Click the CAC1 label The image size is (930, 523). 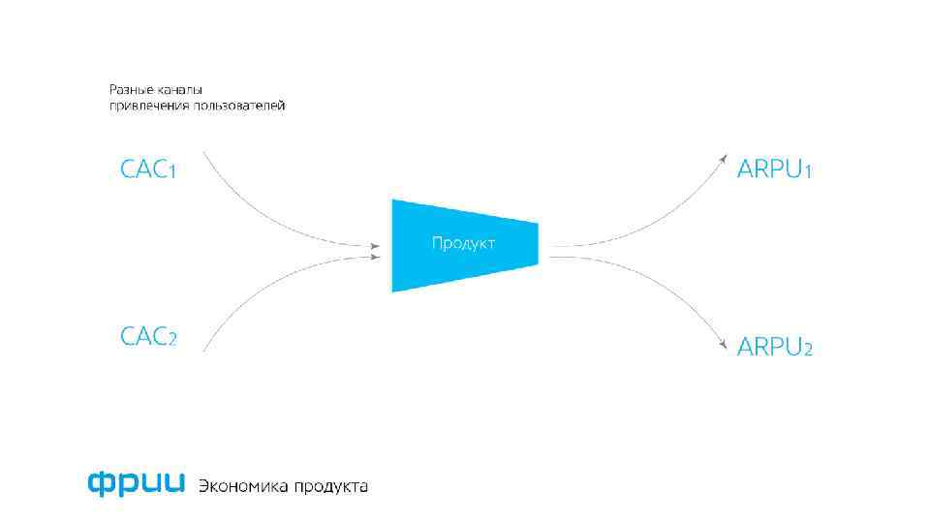click(148, 169)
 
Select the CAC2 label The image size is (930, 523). click(148, 337)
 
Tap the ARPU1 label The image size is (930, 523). click(774, 169)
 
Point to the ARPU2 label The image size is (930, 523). click(774, 346)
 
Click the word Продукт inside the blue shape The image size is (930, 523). click(463, 243)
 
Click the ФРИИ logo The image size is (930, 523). click(135, 483)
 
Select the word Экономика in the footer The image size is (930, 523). click(242, 485)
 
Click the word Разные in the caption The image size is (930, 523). click(126, 89)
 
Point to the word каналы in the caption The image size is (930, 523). click(176, 89)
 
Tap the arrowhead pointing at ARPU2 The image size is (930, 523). click(723, 344)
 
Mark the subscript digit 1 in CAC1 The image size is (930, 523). click(171, 172)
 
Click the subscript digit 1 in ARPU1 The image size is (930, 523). click(808, 172)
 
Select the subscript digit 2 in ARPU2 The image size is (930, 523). click(807, 349)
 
